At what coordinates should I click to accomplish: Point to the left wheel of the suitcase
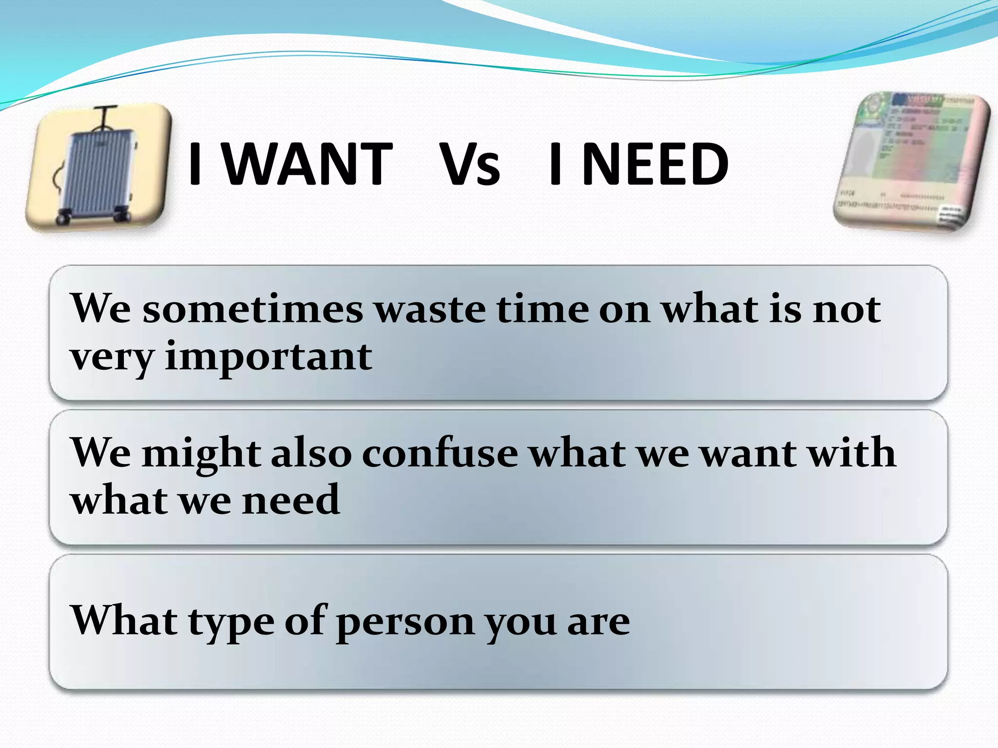[62, 217]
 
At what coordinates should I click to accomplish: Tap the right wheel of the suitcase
[122, 215]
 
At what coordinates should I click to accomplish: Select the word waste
[431, 309]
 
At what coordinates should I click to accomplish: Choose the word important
[269, 357]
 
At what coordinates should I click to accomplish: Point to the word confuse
[440, 453]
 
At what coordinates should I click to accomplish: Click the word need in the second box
[291, 500]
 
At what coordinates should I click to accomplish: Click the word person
[405, 622]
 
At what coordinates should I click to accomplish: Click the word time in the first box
[542, 309]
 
